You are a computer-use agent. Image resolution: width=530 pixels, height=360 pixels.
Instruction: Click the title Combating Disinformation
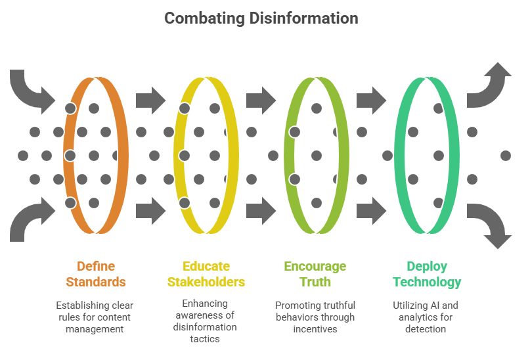(x=261, y=18)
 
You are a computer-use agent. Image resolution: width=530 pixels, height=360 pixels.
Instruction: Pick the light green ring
(x=342, y=156)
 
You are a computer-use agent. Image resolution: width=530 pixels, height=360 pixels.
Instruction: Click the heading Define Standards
(x=96, y=274)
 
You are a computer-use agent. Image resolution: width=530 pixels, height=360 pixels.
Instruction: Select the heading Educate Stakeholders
(x=206, y=274)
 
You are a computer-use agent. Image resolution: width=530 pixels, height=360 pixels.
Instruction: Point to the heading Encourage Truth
(x=315, y=274)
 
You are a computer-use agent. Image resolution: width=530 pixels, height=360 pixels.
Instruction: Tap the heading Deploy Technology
(x=427, y=274)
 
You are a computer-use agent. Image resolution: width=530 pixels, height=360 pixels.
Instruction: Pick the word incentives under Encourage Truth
(x=315, y=328)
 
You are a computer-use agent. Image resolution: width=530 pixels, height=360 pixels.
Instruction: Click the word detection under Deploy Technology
(x=426, y=328)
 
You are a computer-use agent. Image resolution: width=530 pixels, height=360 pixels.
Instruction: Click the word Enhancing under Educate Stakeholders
(x=206, y=304)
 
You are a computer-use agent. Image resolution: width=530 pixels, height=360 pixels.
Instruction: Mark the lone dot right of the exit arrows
(x=505, y=156)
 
